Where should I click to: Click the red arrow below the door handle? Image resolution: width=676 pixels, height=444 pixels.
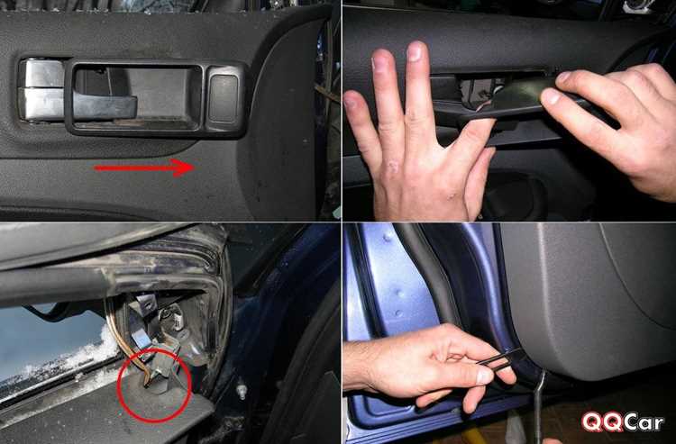pyautogui.click(x=144, y=168)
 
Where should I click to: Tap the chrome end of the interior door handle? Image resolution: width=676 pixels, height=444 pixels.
pyautogui.click(x=41, y=90)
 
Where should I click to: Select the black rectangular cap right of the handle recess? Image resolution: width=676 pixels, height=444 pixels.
pyautogui.click(x=224, y=98)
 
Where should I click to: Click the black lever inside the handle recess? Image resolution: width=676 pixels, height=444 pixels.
pyautogui.click(x=105, y=105)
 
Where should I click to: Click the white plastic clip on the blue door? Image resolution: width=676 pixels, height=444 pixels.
pyautogui.click(x=242, y=392)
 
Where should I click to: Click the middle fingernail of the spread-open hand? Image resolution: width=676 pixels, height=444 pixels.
pyautogui.click(x=415, y=51)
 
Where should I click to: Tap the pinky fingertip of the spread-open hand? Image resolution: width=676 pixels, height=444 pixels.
pyautogui.click(x=352, y=100)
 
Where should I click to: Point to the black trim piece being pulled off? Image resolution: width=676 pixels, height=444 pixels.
pyautogui.click(x=534, y=101)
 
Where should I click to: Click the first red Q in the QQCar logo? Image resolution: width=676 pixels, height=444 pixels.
pyautogui.click(x=591, y=421)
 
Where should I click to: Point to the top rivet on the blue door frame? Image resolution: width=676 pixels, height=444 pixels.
pyautogui.click(x=388, y=236)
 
